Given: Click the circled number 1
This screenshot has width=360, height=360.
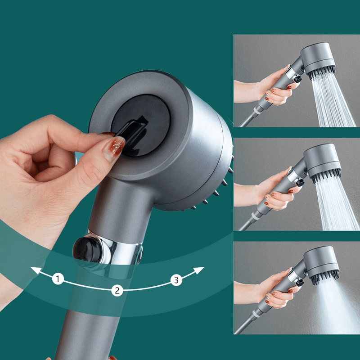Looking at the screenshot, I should [x=58, y=279].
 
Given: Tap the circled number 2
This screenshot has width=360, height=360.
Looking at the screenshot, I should [x=117, y=290].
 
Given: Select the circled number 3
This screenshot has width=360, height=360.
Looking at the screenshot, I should [x=176, y=280].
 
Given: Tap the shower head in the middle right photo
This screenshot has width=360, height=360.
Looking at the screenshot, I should [x=320, y=162].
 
